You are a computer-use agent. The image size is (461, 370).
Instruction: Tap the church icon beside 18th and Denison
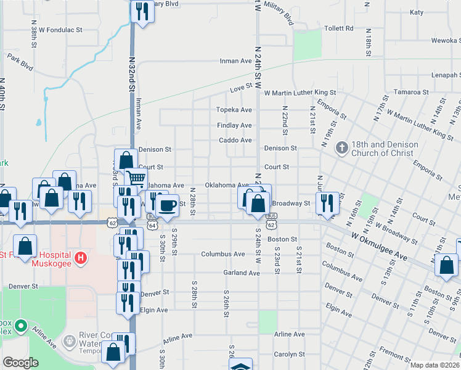[x=341, y=148]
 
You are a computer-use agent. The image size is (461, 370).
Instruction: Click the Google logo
[x=20, y=363]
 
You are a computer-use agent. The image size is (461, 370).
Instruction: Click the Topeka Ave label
[x=234, y=110]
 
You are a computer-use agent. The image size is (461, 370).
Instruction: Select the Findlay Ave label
[x=234, y=125]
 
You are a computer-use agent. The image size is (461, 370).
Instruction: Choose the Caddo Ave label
[x=235, y=140]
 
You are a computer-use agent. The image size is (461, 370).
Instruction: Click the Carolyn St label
[x=289, y=355]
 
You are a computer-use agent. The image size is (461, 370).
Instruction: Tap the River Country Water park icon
[x=69, y=340]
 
